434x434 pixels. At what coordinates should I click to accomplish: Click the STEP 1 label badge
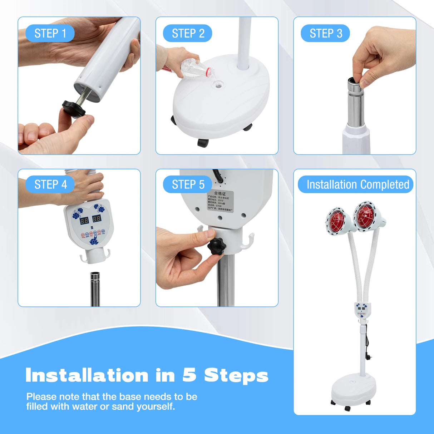click(50, 34)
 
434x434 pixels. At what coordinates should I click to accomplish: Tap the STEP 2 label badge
click(188, 34)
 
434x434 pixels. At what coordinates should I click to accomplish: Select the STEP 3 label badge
click(325, 34)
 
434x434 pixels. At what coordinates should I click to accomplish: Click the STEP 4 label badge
click(50, 184)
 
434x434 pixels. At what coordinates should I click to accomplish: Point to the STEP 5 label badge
click(188, 184)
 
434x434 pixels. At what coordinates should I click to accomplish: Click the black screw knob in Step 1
click(74, 109)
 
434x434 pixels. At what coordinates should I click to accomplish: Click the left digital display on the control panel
click(84, 220)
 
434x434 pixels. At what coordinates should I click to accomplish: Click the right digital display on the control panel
click(97, 218)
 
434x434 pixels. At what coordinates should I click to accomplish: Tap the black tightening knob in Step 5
click(216, 246)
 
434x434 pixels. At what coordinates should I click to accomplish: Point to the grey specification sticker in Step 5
click(220, 201)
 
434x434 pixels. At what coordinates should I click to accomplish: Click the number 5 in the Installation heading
click(190, 375)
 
